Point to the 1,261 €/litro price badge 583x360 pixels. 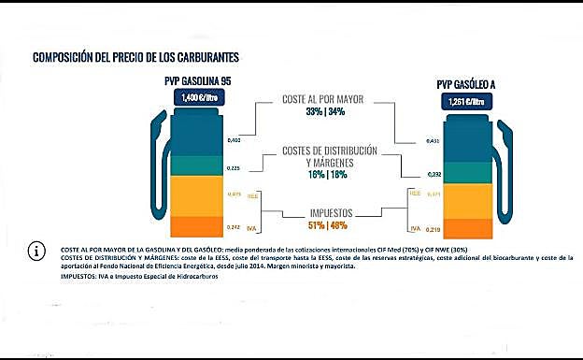(x=464, y=101)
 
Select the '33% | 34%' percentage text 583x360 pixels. (x=324, y=112)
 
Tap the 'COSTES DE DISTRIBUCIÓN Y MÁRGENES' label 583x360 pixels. (x=330, y=156)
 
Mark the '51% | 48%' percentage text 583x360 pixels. (x=326, y=225)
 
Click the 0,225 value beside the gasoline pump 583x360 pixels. (x=235, y=169)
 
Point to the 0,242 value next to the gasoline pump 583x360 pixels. (x=235, y=227)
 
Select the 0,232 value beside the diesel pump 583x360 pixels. (x=433, y=174)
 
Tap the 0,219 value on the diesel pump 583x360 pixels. (x=433, y=229)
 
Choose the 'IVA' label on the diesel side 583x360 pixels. (x=415, y=228)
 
